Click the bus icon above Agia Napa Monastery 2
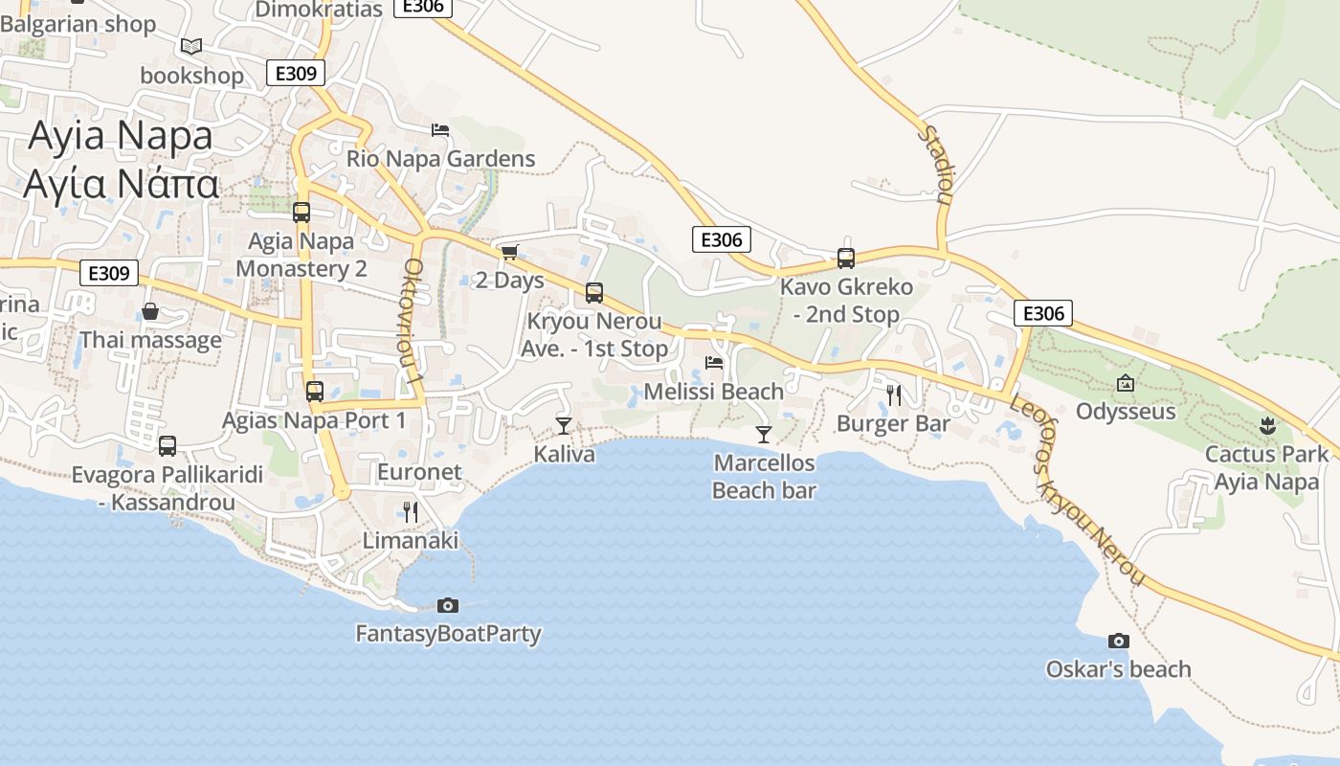pyautogui.click(x=301, y=212)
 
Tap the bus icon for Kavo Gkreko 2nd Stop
pyautogui.click(x=845, y=258)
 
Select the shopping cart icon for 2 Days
pyautogui.click(x=509, y=252)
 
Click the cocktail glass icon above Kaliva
pyautogui.click(x=564, y=425)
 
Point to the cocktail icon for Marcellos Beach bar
pyautogui.click(x=763, y=434)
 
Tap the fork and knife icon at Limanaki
pyautogui.click(x=411, y=511)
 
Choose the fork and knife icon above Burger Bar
pyautogui.click(x=893, y=394)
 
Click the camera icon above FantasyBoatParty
pyautogui.click(x=447, y=605)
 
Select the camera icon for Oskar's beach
pyautogui.click(x=1118, y=641)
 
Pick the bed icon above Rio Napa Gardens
pyautogui.click(x=440, y=129)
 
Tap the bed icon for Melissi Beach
pyautogui.click(x=714, y=362)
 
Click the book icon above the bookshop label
pyautogui.click(x=191, y=45)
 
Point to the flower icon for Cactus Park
pyautogui.click(x=1267, y=424)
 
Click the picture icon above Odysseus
pyautogui.click(x=1126, y=383)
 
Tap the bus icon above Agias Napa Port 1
pyautogui.click(x=314, y=391)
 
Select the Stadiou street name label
pyautogui.click(x=937, y=164)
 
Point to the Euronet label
pyautogui.click(x=419, y=472)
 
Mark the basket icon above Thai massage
pyautogui.click(x=150, y=311)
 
